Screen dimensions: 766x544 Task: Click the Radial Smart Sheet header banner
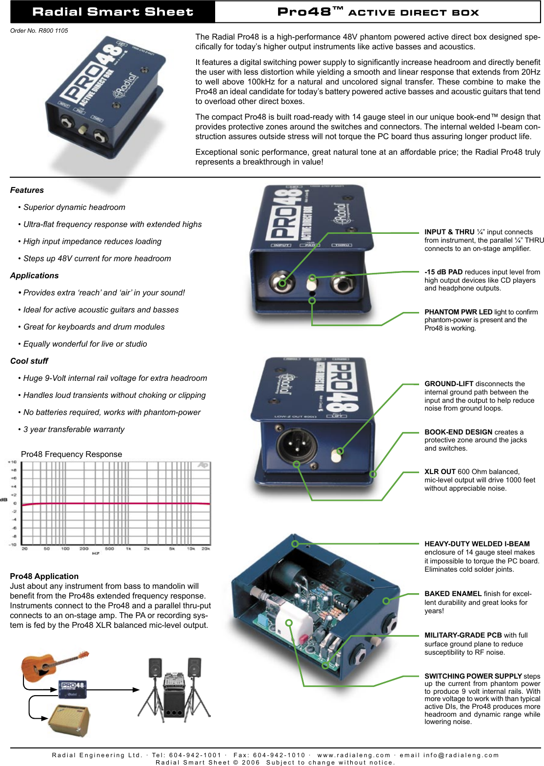click(x=112, y=12)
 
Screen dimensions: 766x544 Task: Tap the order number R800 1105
click(x=39, y=30)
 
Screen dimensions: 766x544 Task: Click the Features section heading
click(x=27, y=190)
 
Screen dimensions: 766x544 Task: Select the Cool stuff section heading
click(x=29, y=361)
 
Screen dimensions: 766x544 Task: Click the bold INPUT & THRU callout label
click(x=449, y=232)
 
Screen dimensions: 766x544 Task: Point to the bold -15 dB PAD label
click(x=443, y=272)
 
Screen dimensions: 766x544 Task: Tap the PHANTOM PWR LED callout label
click(x=458, y=312)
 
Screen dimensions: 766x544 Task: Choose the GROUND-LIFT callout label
click(x=449, y=384)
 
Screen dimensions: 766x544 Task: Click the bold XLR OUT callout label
click(x=440, y=472)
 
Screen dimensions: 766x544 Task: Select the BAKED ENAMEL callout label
click(x=453, y=594)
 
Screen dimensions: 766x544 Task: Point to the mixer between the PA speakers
click(x=174, y=680)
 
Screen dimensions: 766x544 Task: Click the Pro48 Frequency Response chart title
click(x=71, y=454)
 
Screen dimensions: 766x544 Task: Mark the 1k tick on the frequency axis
click(x=128, y=549)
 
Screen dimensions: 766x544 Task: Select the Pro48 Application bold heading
click(x=44, y=576)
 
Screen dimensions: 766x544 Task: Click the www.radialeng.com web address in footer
click(x=354, y=755)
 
